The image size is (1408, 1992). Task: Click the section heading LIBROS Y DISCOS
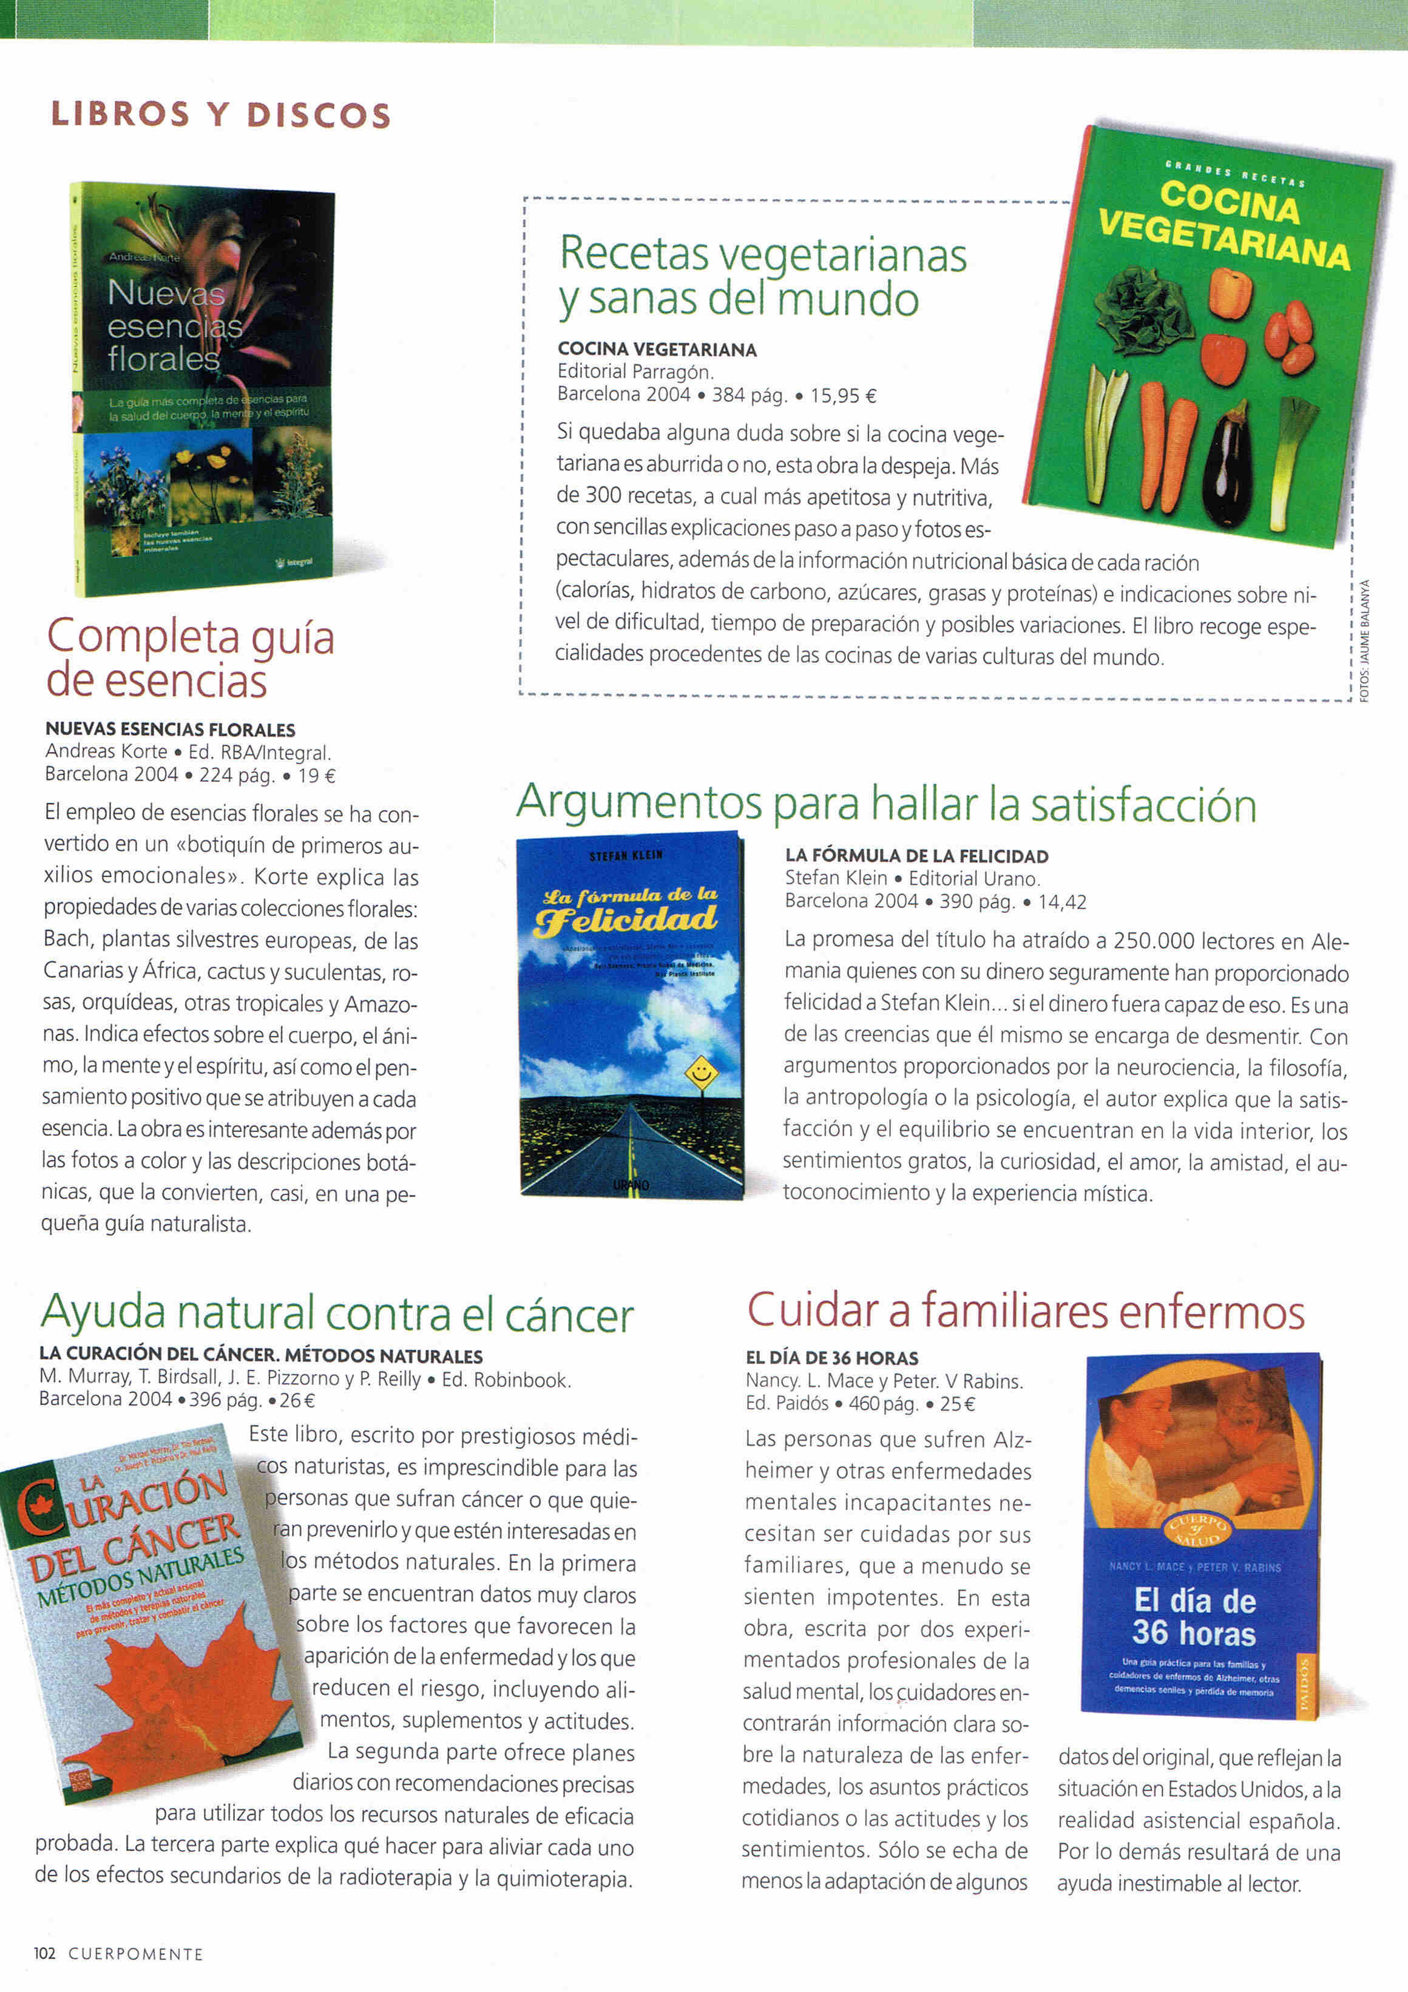point(222,115)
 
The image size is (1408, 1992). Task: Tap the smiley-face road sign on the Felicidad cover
point(701,1073)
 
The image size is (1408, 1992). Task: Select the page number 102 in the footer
point(44,1953)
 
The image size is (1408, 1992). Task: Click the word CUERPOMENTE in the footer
point(135,1954)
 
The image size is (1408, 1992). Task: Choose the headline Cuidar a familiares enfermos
point(1026,1311)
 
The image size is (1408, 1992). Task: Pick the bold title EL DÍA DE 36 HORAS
point(831,1358)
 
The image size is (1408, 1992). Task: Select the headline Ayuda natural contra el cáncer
point(337,1313)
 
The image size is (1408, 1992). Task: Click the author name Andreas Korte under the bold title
point(106,751)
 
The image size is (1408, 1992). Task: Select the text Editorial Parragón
point(635,372)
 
